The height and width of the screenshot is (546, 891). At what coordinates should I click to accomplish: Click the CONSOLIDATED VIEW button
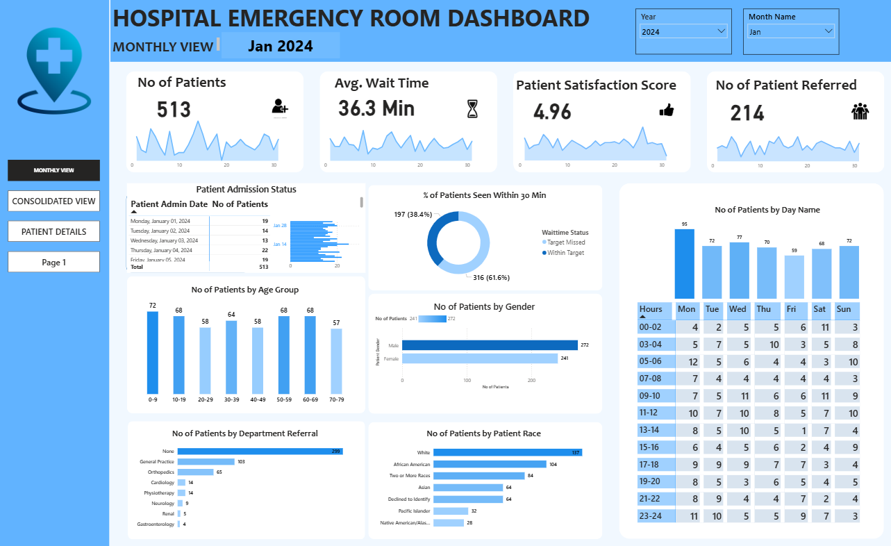[x=53, y=201]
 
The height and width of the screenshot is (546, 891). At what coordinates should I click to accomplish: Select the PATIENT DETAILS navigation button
[x=53, y=231]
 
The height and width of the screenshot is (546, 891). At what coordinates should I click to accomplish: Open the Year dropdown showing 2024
[x=683, y=32]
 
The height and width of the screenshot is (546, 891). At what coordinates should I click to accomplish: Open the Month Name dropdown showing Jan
[x=790, y=32]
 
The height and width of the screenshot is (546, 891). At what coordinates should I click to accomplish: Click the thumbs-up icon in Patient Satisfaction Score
[x=666, y=110]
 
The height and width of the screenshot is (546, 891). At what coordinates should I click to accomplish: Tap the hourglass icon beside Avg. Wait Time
[x=472, y=109]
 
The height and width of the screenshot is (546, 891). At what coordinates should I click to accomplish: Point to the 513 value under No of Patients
[x=174, y=110]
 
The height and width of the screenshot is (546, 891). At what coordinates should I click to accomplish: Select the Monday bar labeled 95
[x=684, y=264]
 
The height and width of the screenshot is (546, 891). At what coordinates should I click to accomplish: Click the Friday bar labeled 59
[x=794, y=276]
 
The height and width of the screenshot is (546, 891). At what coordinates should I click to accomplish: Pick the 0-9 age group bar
[x=153, y=352]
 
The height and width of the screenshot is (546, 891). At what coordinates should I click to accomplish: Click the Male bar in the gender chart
[x=490, y=345]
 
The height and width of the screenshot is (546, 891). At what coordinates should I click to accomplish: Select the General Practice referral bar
[x=206, y=461]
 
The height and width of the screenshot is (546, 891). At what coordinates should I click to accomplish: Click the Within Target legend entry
[x=566, y=253]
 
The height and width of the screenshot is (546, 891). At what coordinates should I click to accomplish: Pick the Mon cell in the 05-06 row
[x=688, y=361]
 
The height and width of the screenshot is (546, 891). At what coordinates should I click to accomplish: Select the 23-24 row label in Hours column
[x=651, y=516]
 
